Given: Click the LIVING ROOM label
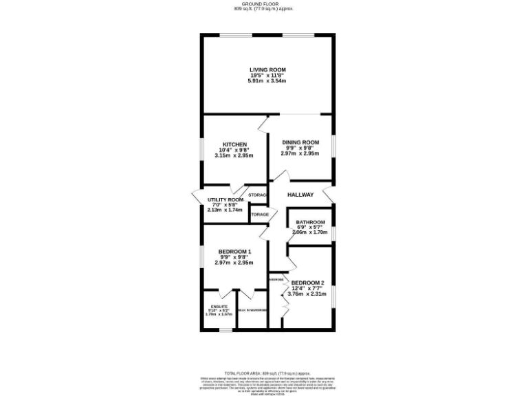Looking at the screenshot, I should coord(267,69).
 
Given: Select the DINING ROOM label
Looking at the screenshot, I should coord(300,142).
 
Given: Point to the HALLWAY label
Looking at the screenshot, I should coord(300,195).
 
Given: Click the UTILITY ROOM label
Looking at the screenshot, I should coord(225,199).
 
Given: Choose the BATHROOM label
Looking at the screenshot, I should coord(310,222).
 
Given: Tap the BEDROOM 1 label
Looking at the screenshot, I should coord(234,252).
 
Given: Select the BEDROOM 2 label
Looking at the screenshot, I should coord(307,283).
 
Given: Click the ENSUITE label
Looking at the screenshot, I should coord(219,306).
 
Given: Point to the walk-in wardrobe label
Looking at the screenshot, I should coord(252,311).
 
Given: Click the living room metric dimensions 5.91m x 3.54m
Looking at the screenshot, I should coord(267,81).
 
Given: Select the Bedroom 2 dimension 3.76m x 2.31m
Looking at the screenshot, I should coord(307,294).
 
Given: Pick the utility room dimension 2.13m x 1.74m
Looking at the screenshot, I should coord(225,210).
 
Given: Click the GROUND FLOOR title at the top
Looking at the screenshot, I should coord(263,4).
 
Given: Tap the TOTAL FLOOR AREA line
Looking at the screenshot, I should coord(263,372).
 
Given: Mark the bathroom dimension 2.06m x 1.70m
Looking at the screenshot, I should coord(310,232).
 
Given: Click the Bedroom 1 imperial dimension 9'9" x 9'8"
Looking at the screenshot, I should coord(234,257).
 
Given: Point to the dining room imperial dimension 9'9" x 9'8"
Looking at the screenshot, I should coord(300,148).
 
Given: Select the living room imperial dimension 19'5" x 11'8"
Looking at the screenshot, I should coord(267,75).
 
